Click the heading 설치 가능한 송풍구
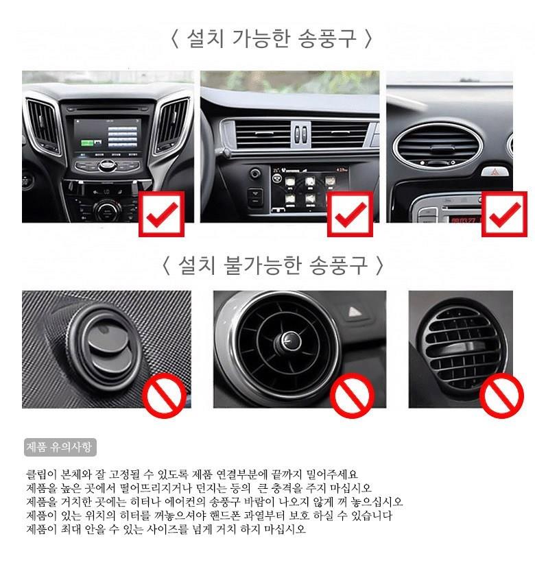coord(272,38)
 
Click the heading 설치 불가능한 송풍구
coord(273,265)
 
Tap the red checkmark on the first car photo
coord(161,215)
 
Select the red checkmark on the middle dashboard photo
coord(350,215)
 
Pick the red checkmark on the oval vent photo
coord(505,215)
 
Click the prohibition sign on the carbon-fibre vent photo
coord(164,395)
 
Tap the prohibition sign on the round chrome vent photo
coord(352,395)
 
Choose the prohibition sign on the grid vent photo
coord(501,395)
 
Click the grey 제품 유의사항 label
coord(60,448)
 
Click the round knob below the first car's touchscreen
coord(107,210)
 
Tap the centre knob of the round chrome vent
coord(289,341)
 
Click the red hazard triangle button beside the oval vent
coord(495,171)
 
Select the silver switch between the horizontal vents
coord(300,134)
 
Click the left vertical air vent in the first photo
coord(43,125)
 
